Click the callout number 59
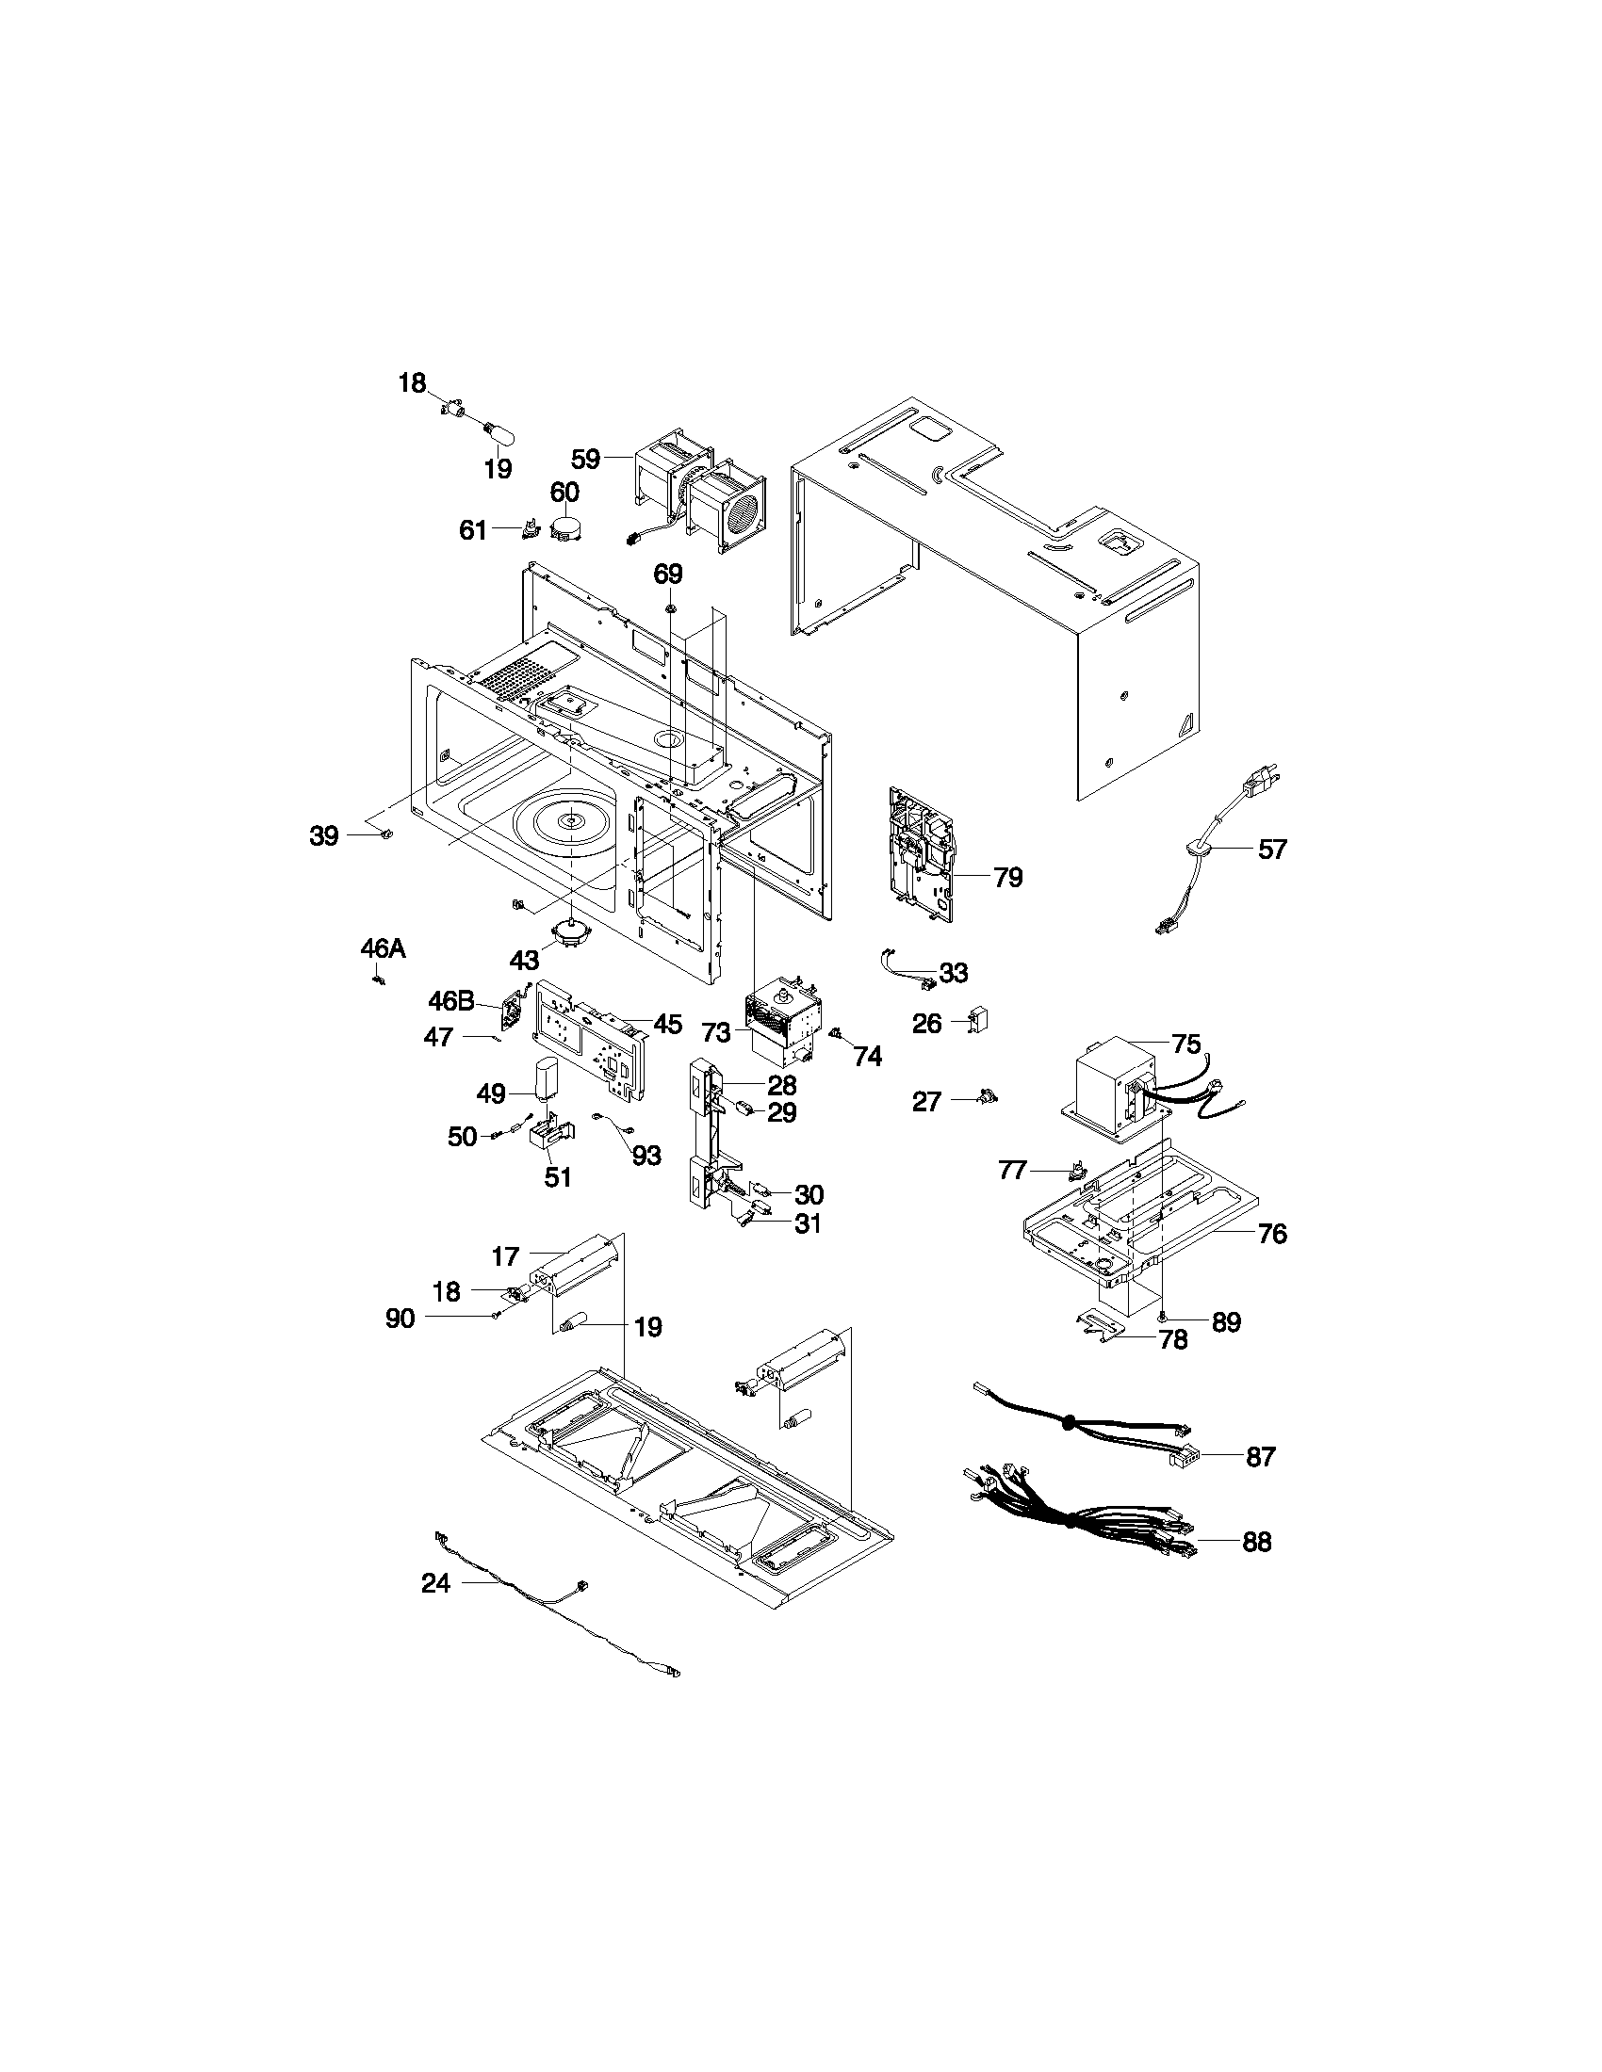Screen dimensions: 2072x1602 [584, 460]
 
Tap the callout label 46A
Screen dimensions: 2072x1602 [383, 947]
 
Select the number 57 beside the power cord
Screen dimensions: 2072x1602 [1272, 850]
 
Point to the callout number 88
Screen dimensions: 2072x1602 [1256, 1542]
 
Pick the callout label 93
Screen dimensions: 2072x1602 [646, 1156]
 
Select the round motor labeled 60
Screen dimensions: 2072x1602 [568, 528]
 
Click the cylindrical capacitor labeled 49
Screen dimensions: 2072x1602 [547, 1079]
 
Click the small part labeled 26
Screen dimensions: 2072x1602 [978, 1021]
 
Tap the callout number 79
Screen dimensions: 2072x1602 [1008, 878]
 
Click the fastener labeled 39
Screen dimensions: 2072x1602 [386, 834]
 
